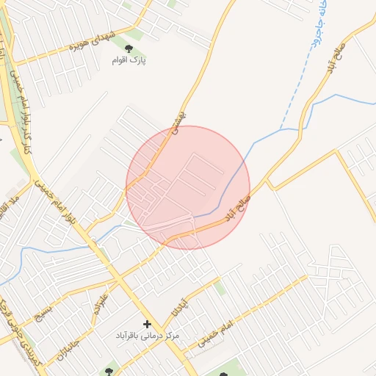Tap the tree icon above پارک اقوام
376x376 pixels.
[x=119, y=49]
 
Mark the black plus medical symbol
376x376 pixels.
[x=147, y=323]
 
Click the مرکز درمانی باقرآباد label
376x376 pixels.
[x=148, y=336]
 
